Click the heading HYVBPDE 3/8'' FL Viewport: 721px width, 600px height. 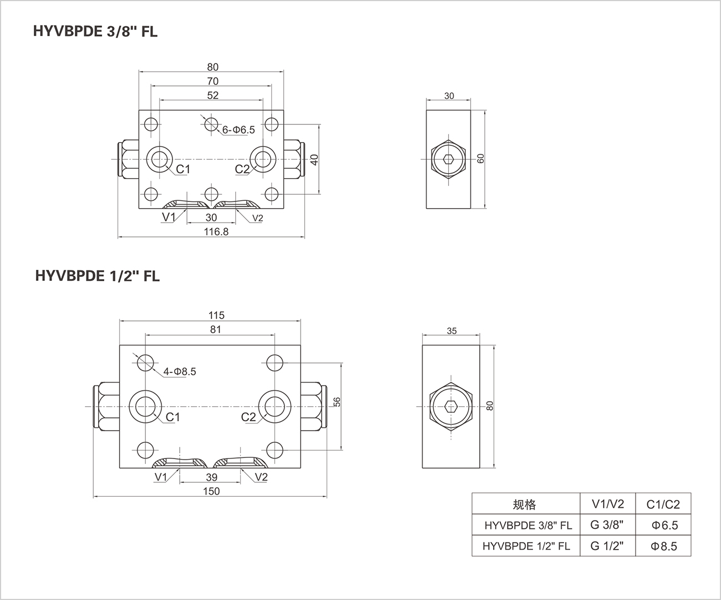(96, 32)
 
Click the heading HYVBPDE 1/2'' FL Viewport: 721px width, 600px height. (97, 276)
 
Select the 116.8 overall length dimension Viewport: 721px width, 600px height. (216, 231)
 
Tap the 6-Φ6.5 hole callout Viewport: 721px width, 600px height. (238, 130)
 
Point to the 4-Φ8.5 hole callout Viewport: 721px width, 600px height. (180, 372)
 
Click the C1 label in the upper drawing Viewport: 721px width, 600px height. (183, 169)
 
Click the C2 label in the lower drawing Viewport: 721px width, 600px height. (248, 417)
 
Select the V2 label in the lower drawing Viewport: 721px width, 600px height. (261, 477)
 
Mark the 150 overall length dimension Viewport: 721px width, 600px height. (211, 491)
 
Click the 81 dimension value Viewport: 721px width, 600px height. (215, 329)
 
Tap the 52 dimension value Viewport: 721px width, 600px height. (212, 95)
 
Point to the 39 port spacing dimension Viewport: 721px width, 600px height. (211, 477)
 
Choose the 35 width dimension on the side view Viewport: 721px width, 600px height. (451, 331)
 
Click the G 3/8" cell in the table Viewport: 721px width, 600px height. (607, 525)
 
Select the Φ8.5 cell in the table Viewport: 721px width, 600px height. (663, 546)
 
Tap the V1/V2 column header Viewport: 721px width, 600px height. (607, 504)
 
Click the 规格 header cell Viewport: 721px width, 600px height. (525, 505)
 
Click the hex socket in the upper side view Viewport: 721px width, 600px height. (449, 160)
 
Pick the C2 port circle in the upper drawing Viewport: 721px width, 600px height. (261, 159)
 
